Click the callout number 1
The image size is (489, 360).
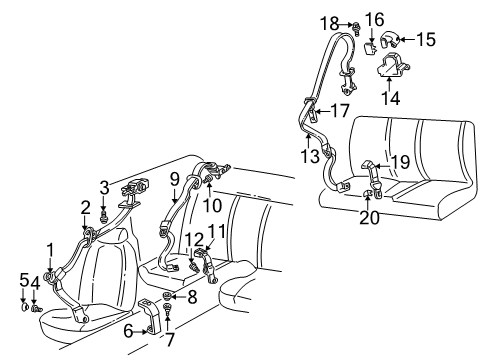pos(49,247)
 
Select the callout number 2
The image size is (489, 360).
pos(86,206)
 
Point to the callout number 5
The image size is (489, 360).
pos(24,279)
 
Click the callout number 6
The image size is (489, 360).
pos(128,329)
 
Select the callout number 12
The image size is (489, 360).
pos(187,239)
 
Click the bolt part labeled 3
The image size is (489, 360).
pos(104,212)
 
